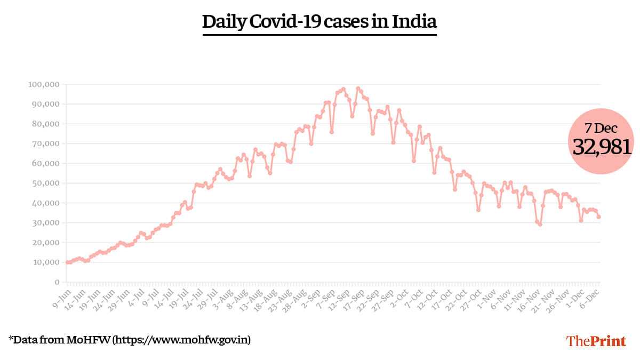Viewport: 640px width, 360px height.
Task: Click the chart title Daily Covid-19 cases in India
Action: (319, 22)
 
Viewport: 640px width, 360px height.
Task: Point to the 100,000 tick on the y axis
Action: (43, 84)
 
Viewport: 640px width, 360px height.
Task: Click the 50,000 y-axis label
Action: (45, 183)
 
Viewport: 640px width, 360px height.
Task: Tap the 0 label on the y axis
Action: (57, 282)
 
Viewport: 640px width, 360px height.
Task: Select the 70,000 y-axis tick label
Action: (45, 143)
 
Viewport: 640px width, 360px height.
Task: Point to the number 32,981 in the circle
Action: (602, 147)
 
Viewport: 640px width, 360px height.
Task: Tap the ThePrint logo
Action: (596, 341)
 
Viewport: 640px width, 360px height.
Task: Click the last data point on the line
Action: (599, 217)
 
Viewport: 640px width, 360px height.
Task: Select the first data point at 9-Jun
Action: (67, 262)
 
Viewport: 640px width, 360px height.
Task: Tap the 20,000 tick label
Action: (45, 242)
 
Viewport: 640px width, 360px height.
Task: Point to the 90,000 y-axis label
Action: (45, 104)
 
